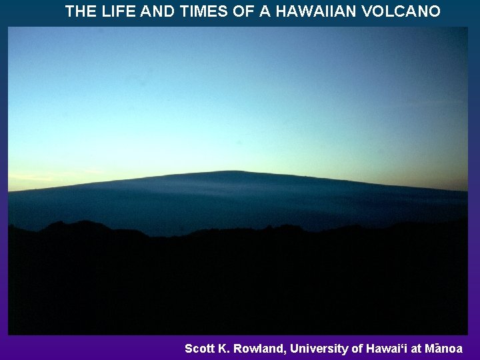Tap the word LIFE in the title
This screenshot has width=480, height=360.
point(115,11)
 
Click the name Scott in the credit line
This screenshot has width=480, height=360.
point(199,349)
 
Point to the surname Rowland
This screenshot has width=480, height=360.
point(257,349)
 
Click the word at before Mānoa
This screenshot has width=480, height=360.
point(415,349)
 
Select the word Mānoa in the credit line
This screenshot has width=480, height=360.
point(443,349)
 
